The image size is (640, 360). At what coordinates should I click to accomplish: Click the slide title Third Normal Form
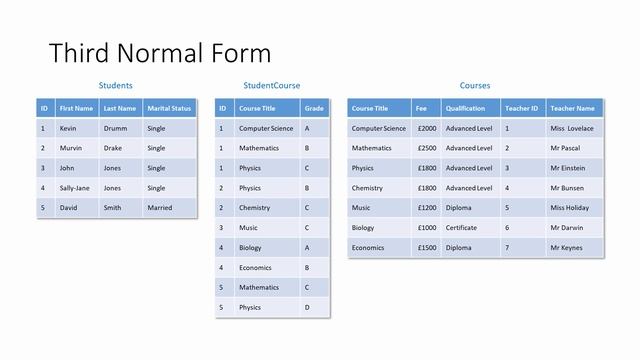pos(160,52)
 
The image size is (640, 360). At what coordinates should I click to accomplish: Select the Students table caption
pos(116,86)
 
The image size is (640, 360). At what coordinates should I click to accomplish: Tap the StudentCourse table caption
pos(271,86)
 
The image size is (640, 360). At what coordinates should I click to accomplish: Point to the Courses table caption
pos(475,86)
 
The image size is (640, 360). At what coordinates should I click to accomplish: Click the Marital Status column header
pos(169,108)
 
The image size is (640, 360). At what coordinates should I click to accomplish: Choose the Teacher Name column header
pos(572,108)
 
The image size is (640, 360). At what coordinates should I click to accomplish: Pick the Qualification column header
pos(465,108)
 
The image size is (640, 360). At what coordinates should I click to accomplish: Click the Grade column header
pos(314,108)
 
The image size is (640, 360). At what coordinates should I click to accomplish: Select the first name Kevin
pos(68,128)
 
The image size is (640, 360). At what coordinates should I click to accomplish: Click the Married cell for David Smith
pos(159,208)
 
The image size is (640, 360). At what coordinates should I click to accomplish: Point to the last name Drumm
pos(115,128)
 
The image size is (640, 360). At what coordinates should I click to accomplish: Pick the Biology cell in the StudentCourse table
pos(250,248)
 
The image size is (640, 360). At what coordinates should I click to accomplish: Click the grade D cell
pos(307,308)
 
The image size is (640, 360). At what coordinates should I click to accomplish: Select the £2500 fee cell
pos(427,148)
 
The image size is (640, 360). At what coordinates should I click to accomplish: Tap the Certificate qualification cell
pos(463,228)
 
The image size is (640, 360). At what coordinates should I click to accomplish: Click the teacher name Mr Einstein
pos(569,168)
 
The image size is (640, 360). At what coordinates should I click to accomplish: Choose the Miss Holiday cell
pos(570,208)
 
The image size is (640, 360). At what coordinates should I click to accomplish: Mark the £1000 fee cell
pos(427,228)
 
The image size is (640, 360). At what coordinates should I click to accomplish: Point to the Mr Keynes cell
pos(567,248)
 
